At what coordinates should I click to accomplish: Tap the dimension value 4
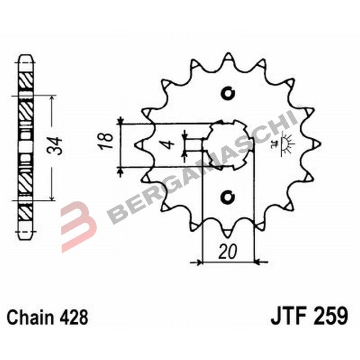(x=167, y=145)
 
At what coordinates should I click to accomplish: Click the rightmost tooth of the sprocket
(x=316, y=144)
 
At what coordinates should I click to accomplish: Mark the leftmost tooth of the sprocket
(x=139, y=144)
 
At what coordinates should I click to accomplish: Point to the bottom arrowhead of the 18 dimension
(x=121, y=169)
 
